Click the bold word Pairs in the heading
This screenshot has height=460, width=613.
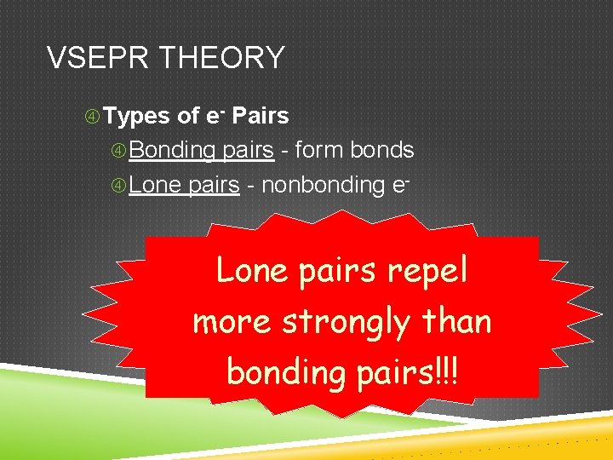pyautogui.click(x=261, y=116)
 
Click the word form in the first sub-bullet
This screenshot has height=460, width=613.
pyautogui.click(x=317, y=151)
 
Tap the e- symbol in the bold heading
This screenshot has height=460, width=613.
pyautogui.click(x=215, y=115)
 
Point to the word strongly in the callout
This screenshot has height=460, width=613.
pyautogui.click(x=346, y=322)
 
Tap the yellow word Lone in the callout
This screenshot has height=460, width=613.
pyautogui.click(x=250, y=270)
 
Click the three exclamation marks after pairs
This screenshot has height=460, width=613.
pyautogui.click(x=447, y=371)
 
